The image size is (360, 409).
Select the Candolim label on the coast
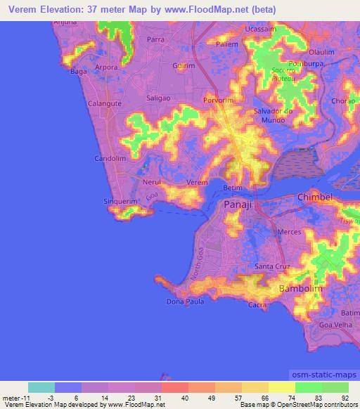point(110,158)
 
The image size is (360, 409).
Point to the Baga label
point(78,71)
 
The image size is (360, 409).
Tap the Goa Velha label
point(333,326)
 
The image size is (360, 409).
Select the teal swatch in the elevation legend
point(41,387)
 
